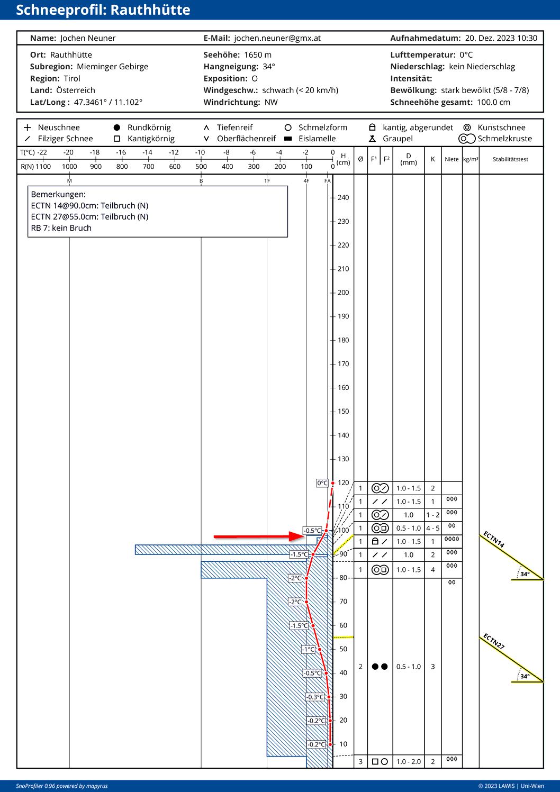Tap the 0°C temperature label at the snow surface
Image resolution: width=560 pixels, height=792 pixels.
pos(322,483)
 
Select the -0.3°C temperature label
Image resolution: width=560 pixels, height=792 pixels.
pos(315,697)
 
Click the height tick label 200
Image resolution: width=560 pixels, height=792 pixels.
pos(344,293)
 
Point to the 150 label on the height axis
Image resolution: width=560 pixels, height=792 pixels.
pos(344,412)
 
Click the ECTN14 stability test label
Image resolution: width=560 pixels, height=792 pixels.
pos(494,540)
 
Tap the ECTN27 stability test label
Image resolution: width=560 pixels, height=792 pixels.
pos(494,642)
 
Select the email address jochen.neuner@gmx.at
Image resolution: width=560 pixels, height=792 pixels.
pos(277,38)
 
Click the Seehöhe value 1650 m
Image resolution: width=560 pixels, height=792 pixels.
pos(257,55)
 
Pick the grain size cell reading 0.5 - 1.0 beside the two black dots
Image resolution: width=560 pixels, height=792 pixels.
pos(409,667)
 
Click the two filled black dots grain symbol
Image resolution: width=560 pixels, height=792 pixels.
pos(380,667)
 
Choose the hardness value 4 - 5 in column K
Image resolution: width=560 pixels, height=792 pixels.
pos(433,528)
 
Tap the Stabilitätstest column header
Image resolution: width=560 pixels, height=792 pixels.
pos(510,159)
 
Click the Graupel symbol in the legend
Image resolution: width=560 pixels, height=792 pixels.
pos(373,139)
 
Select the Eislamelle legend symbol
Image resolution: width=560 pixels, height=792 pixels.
pos(288,139)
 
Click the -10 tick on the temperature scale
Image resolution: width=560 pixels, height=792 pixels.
pos(200,152)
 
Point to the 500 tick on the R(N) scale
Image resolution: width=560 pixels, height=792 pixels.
pos(201,167)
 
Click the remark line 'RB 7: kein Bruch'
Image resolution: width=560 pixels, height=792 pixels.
pos(61,228)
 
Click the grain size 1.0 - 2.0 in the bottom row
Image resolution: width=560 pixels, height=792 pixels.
pos(409,761)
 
